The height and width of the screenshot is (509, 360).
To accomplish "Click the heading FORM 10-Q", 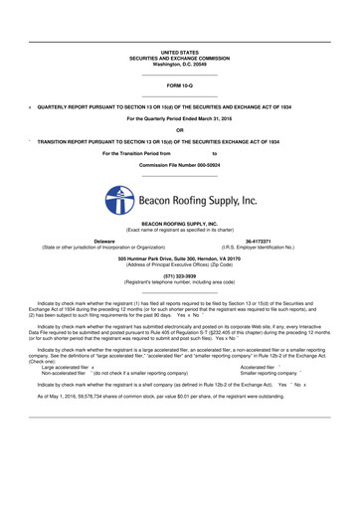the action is [179, 86].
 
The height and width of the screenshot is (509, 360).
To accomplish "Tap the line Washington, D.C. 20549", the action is [179, 64].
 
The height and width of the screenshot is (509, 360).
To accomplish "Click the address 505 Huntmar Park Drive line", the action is [179, 258].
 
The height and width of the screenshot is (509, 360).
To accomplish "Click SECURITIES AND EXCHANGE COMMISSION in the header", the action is [179, 58].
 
